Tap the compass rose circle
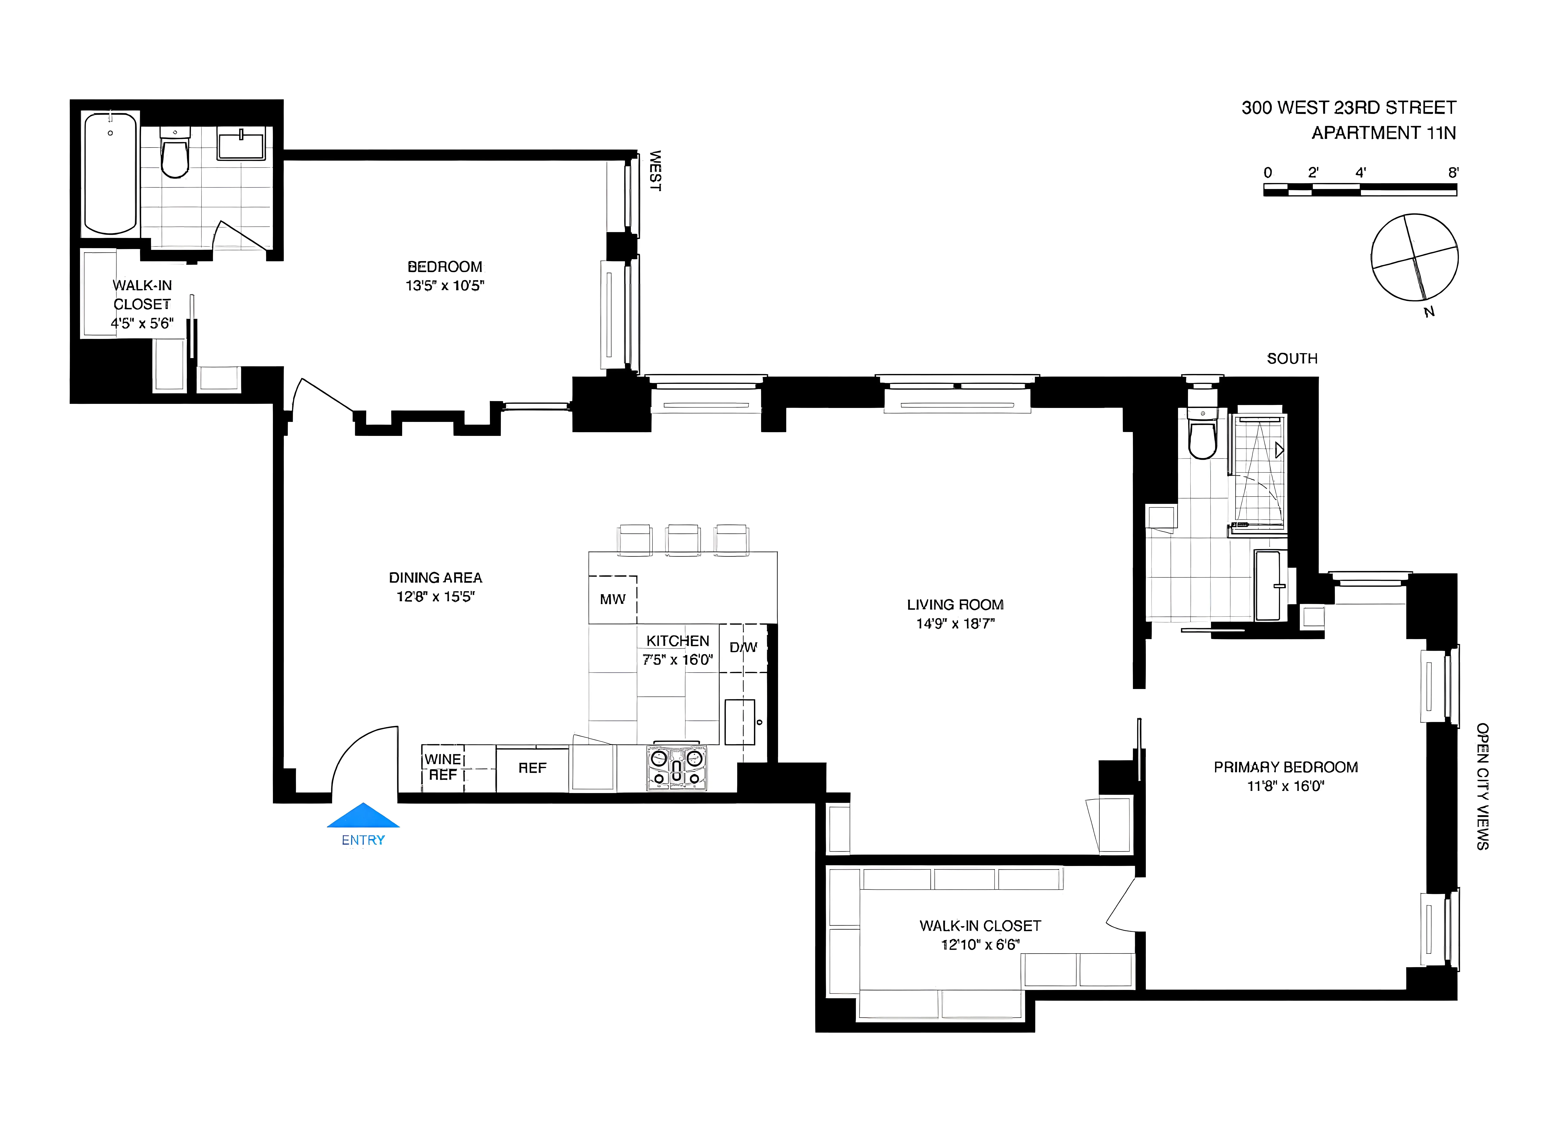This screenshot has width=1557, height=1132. (x=1414, y=257)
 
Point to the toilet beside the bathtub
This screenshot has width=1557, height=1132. (x=174, y=154)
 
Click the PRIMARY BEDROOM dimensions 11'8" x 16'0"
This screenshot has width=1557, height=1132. (x=1285, y=786)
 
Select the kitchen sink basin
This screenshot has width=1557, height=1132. (x=740, y=722)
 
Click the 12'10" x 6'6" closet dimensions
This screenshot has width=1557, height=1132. (x=980, y=945)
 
